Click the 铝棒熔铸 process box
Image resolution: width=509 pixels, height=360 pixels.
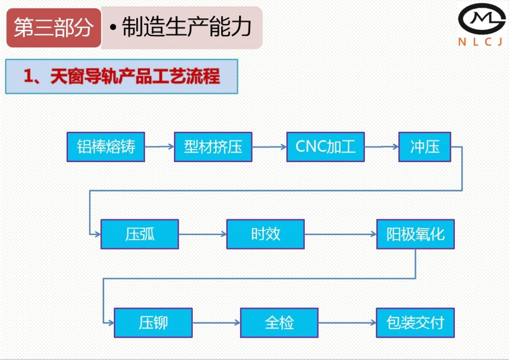pyautogui.click(x=106, y=147)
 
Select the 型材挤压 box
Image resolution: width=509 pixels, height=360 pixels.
pyautogui.click(x=213, y=147)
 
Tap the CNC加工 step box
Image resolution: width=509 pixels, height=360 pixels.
pyautogui.click(x=326, y=147)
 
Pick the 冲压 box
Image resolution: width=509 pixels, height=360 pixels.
pyautogui.click(x=424, y=147)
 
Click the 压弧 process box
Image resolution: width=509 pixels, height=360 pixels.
pyautogui.click(x=140, y=234)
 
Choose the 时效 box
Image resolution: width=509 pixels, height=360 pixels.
pyautogui.click(x=265, y=234)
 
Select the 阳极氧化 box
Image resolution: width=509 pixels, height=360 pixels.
pyautogui.click(x=416, y=234)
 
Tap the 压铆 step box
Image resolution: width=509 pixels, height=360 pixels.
pyautogui.click(x=153, y=323)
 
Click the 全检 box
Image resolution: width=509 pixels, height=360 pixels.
pyautogui.click(x=279, y=323)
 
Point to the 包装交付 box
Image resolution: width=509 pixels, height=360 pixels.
pyautogui.click(x=415, y=323)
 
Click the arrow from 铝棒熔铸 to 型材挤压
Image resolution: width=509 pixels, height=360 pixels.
pyautogui.click(x=159, y=147)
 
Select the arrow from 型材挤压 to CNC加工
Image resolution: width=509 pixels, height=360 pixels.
pyautogui.click(x=269, y=147)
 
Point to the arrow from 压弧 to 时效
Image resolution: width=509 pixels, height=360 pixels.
pyautogui.click(x=202, y=234)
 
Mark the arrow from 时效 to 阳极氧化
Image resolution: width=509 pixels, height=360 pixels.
pyautogui.click(x=340, y=234)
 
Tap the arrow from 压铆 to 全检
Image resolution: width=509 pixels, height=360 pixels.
pyautogui.click(x=216, y=323)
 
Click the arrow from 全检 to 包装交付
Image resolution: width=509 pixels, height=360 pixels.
pyautogui.click(x=347, y=323)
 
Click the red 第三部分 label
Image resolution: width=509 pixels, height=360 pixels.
pyautogui.click(x=54, y=28)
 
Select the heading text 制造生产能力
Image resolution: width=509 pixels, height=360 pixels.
pyautogui.click(x=186, y=28)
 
